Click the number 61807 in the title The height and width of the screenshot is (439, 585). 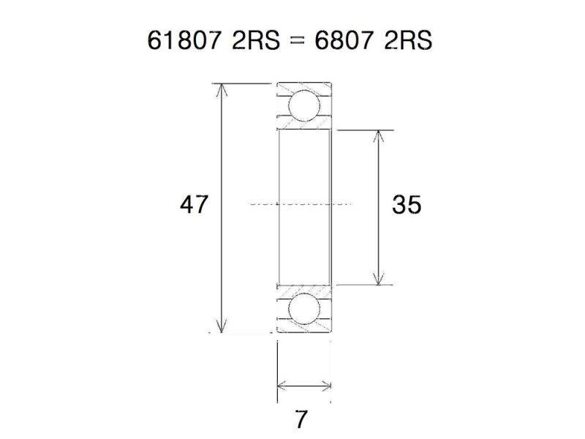point(183,41)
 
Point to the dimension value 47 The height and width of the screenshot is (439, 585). point(195,205)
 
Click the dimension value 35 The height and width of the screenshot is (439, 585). point(407,205)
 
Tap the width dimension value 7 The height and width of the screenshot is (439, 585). point(301,420)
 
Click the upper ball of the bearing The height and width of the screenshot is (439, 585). point(303,105)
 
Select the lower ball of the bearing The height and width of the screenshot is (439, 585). point(303,308)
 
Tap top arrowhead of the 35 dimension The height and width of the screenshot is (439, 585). point(377,136)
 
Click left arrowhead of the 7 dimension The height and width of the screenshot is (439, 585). point(282,385)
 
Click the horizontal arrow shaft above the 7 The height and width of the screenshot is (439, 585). point(304,385)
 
